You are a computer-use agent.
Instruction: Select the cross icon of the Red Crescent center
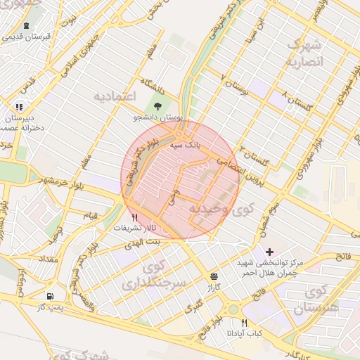(x=269, y=251)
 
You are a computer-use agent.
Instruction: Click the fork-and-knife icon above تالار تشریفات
(x=135, y=217)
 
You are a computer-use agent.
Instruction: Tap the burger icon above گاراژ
(x=213, y=276)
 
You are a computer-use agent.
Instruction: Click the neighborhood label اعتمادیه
(x=114, y=94)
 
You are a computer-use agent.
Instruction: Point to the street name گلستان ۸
(x=295, y=99)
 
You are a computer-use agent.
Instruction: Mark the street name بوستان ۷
(x=235, y=82)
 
